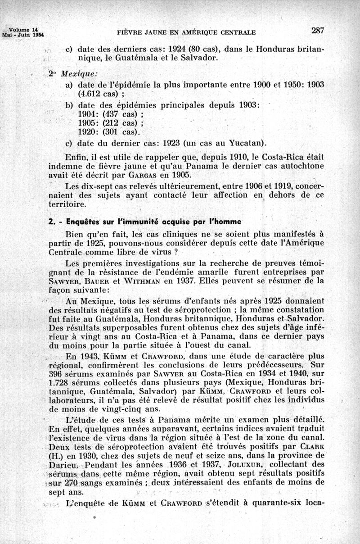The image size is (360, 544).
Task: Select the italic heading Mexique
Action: tap(79, 73)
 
